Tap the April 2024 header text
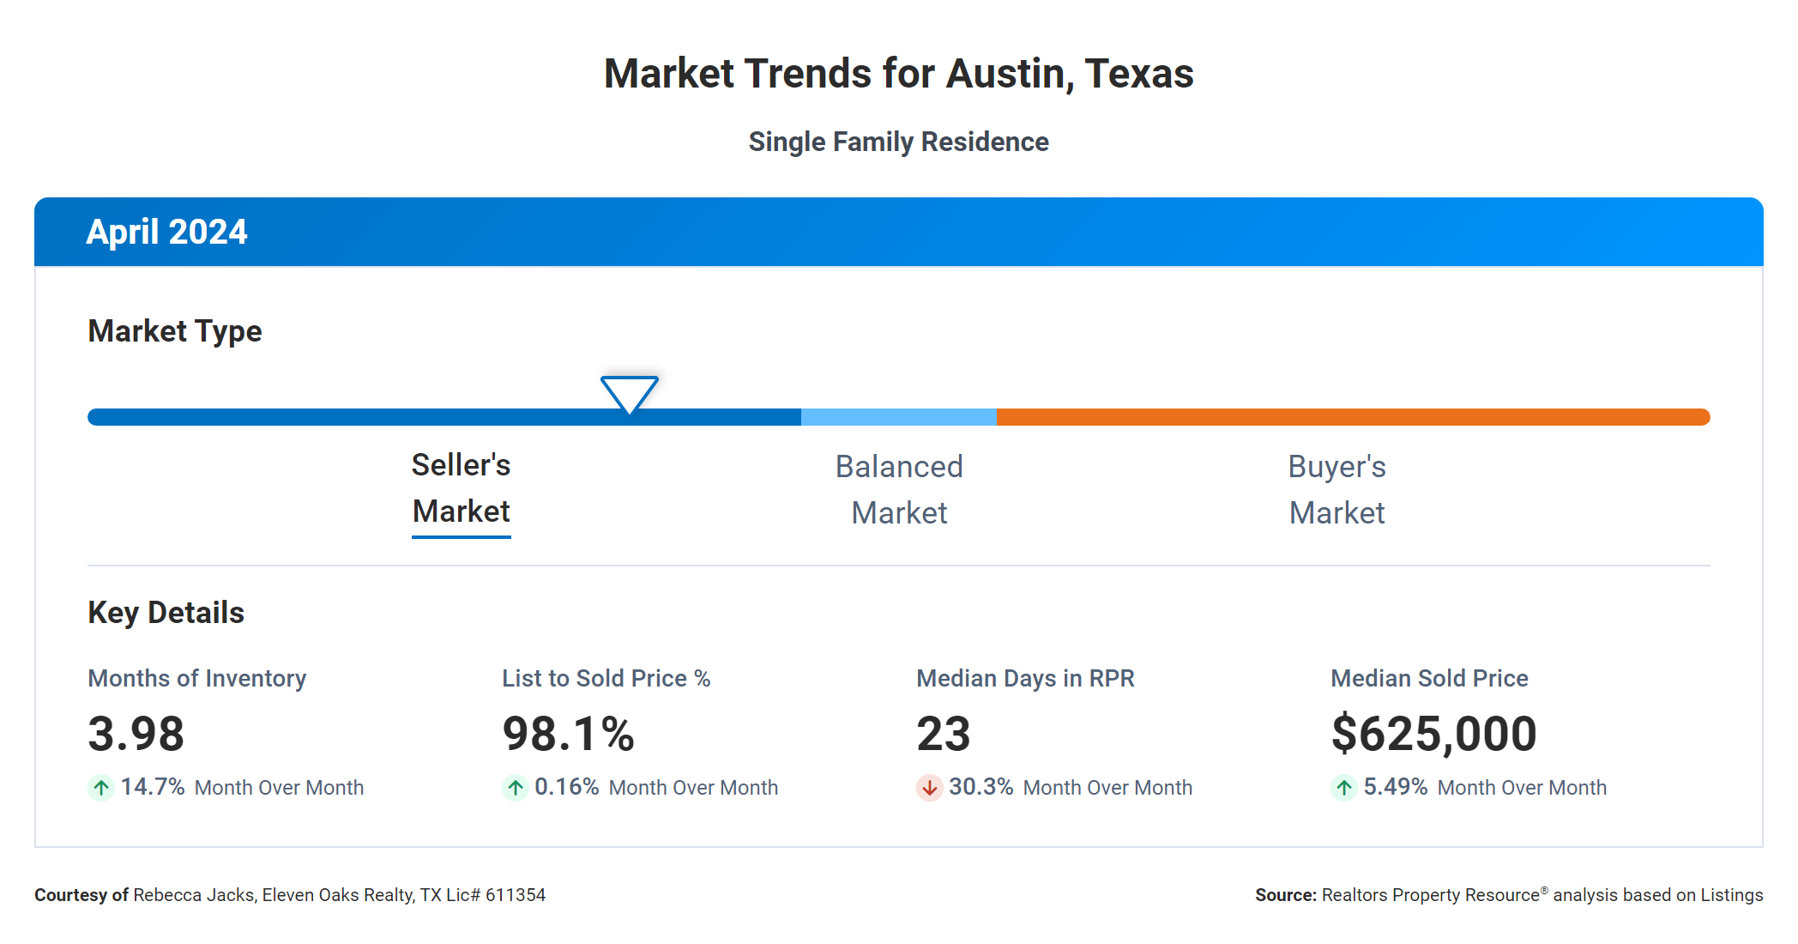click(x=166, y=232)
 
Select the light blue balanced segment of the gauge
click(x=898, y=417)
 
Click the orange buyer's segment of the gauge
click(x=1352, y=417)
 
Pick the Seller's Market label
click(x=461, y=488)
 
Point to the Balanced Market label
click(x=899, y=489)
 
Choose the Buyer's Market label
click(x=1336, y=489)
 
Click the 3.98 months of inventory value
click(x=136, y=734)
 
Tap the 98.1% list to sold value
click(x=568, y=734)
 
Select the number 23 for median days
click(x=943, y=734)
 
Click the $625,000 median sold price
click(x=1433, y=734)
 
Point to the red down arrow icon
click(x=929, y=787)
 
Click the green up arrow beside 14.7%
click(x=101, y=787)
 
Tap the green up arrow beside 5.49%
click(x=1343, y=787)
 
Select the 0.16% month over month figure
click(x=566, y=787)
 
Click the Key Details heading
click(x=166, y=613)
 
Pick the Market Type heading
click(x=174, y=331)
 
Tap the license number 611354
click(x=515, y=895)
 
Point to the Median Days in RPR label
click(x=1025, y=678)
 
